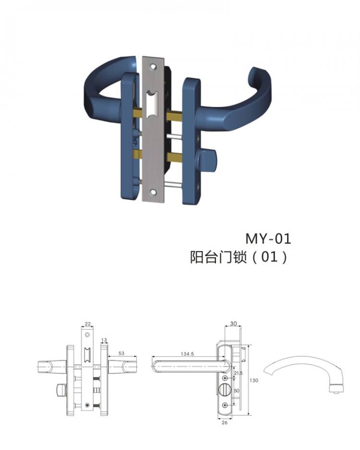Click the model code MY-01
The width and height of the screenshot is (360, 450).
coord(268,238)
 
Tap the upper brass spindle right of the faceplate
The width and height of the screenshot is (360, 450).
coord(173,116)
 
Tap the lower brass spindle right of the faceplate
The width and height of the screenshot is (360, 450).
coord(173,157)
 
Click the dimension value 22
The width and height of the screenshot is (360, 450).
coord(87,324)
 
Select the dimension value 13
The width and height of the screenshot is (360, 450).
coord(104,340)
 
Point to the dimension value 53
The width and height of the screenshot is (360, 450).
coord(121,353)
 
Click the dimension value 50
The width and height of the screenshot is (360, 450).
coord(236,391)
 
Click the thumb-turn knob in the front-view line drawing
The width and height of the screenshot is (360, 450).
coord(61,388)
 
